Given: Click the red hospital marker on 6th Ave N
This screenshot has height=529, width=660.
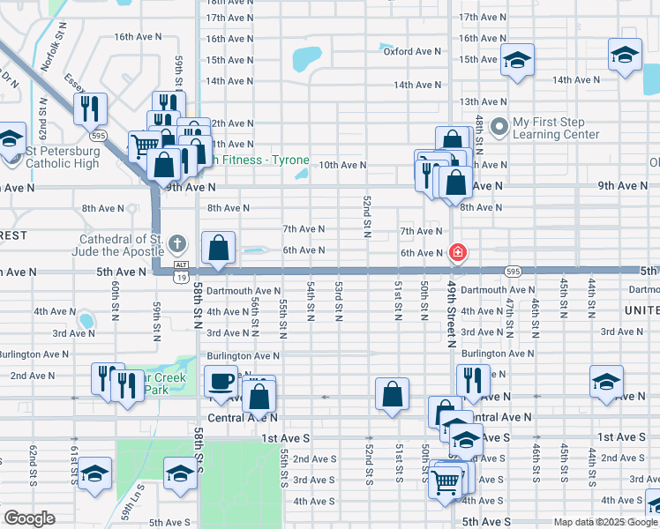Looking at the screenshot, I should pyautogui.click(x=457, y=253).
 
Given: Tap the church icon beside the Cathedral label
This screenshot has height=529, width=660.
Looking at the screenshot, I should pyautogui.click(x=176, y=243).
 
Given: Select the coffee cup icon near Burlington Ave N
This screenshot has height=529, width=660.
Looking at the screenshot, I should pyautogui.click(x=221, y=382).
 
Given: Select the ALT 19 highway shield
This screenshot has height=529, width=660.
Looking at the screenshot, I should pyautogui.click(x=181, y=271).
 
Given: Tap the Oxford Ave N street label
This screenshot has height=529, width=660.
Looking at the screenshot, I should pyautogui.click(x=413, y=51).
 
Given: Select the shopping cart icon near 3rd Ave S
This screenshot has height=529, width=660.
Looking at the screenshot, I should pyautogui.click(x=446, y=481).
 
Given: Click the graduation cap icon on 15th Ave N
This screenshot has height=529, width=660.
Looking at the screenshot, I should pyautogui.click(x=517, y=60).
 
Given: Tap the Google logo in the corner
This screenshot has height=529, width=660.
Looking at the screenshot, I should pyautogui.click(x=30, y=518).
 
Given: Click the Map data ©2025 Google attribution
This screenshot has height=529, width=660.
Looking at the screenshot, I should pyautogui.click(x=604, y=522).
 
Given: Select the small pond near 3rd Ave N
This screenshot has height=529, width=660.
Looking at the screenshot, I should pyautogui.click(x=86, y=319).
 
